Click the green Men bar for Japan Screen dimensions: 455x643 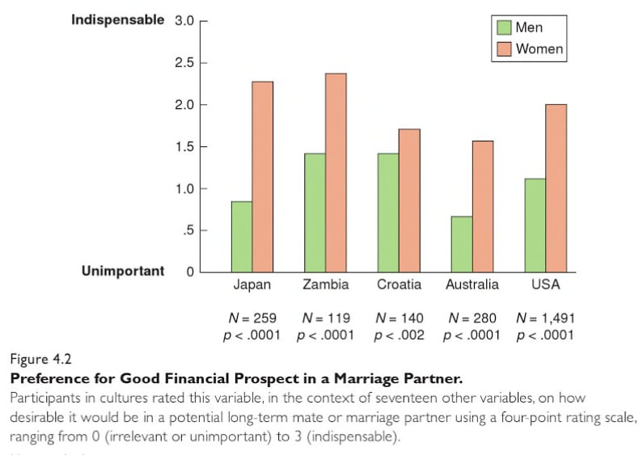(241, 236)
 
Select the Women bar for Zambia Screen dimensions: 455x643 (336, 172)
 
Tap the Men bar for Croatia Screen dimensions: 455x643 (387, 212)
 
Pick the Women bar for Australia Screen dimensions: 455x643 (483, 206)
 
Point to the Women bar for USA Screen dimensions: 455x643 (556, 187)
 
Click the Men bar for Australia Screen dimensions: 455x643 (462, 243)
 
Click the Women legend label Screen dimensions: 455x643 (539, 48)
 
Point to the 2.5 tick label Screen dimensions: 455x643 (184, 63)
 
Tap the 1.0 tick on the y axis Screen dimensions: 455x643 (184, 189)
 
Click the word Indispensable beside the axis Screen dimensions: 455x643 (117, 19)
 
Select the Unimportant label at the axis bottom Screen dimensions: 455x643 (123, 271)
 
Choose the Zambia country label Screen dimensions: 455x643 (326, 284)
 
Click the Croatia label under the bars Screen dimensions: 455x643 (399, 284)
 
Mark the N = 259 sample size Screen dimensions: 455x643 (252, 318)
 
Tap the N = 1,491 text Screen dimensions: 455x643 (546, 318)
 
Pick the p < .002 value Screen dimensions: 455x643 (399, 335)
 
